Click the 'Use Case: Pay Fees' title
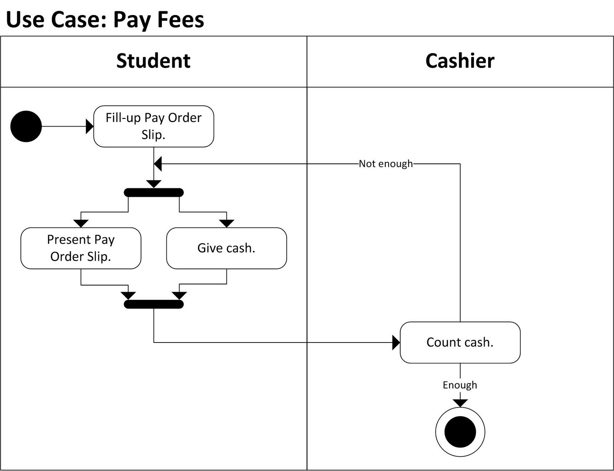point(105,20)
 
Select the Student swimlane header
point(153,61)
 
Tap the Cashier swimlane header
point(460,61)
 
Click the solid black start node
point(26,126)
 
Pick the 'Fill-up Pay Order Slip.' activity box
point(153,126)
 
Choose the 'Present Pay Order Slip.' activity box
point(81,248)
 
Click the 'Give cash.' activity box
point(226,248)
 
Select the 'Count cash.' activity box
point(460,342)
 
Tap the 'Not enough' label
point(386,164)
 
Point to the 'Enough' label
point(460,385)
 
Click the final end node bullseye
point(460,431)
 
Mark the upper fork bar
point(153,192)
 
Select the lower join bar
point(153,304)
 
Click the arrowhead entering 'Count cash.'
point(396,342)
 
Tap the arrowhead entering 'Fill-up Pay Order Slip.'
point(90,126)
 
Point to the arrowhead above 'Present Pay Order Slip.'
point(81,223)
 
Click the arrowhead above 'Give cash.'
point(226,223)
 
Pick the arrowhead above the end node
point(460,403)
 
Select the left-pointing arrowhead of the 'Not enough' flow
point(158,164)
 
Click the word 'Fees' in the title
point(181,20)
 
